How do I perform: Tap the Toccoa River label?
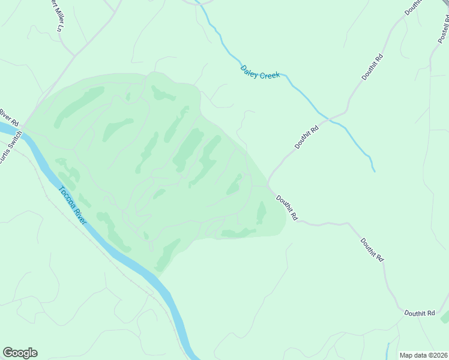point(73,205)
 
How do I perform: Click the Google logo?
point(20,353)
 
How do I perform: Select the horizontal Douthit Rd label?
point(419,313)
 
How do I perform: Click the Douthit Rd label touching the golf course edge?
point(287,208)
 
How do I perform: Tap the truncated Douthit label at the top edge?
point(413,6)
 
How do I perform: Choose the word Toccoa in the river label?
point(67,197)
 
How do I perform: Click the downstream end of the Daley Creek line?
point(374,171)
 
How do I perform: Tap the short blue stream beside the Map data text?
point(388,351)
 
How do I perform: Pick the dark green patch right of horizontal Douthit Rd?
point(445,317)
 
